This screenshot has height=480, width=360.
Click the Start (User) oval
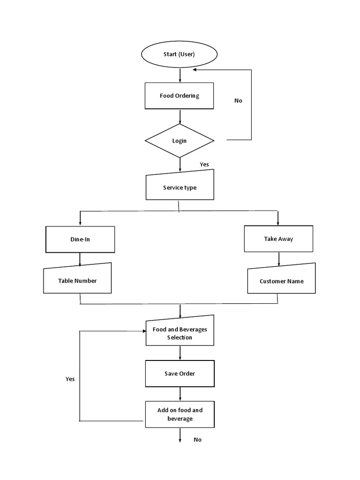pos(179,54)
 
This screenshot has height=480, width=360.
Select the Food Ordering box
pos(179,96)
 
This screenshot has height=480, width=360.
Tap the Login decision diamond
pos(180,141)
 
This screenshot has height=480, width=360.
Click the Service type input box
pos(180,187)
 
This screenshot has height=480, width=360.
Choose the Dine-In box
pos(80,239)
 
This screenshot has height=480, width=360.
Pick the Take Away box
pos(278,239)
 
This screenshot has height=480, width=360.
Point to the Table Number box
pos(77,281)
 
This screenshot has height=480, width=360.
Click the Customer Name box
pos(281,281)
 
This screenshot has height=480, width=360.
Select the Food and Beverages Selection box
pos(180,333)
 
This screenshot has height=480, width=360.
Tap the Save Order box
pos(180,374)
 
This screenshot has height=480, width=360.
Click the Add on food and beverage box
pos(180,414)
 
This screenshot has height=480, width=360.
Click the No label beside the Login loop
pos(238,101)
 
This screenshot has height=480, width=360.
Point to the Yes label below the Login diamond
pos(204,164)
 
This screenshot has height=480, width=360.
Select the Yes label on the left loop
pos(70,379)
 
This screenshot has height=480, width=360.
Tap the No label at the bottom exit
pos(197,440)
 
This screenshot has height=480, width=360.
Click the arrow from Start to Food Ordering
pos(180,75)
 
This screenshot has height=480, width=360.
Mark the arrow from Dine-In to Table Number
pos(80,258)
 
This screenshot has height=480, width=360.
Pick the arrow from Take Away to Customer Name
pos(279,259)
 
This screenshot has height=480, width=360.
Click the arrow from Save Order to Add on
pos(180,394)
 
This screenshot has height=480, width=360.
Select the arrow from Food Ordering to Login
pos(180,116)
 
